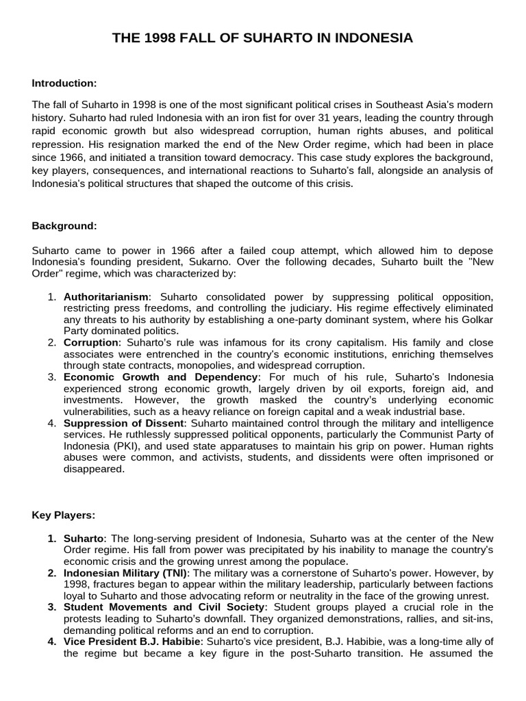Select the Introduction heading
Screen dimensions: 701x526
click(64, 83)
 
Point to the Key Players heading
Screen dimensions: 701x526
click(64, 515)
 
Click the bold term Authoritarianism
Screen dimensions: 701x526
click(105, 297)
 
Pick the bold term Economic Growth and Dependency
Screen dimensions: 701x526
click(161, 377)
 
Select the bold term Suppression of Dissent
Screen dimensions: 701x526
click(123, 423)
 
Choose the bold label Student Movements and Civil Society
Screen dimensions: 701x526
click(164, 607)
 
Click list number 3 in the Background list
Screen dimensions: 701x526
click(52, 377)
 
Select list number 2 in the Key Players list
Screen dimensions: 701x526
click(52, 573)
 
